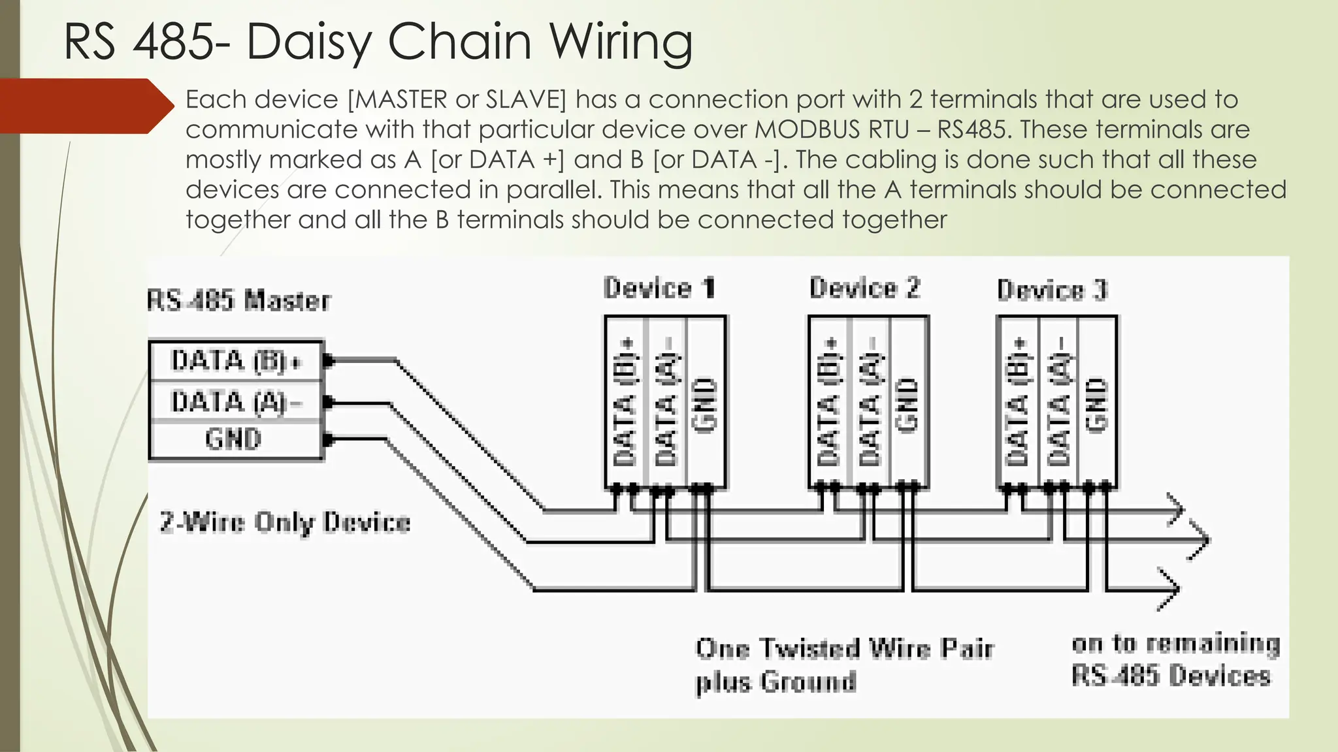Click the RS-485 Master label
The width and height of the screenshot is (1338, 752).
[x=238, y=301]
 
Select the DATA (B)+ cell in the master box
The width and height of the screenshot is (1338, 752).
[x=235, y=361]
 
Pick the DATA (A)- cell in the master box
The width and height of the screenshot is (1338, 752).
[x=235, y=402]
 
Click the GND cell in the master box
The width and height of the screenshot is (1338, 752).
[x=233, y=439]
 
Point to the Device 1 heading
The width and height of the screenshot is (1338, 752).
[x=659, y=289]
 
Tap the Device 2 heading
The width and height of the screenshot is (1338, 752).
[x=864, y=288]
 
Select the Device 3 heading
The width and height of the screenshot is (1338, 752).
[x=1052, y=290]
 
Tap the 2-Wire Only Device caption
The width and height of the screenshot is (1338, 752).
[x=285, y=523]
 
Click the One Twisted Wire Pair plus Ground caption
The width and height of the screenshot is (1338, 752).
[x=843, y=665]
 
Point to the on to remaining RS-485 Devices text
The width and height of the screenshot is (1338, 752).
[x=1174, y=659]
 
